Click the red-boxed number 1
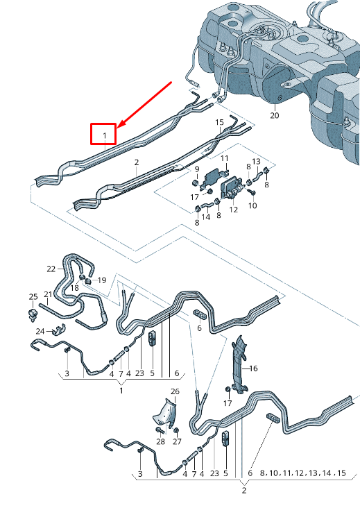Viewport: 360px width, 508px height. (x=104, y=133)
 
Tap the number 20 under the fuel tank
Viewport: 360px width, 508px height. (x=274, y=115)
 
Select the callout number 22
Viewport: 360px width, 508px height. (x=51, y=269)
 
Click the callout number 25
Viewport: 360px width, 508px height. (x=32, y=297)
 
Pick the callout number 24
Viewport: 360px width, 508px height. (x=40, y=330)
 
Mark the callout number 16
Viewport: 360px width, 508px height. (x=253, y=369)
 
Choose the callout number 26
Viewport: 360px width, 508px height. (x=175, y=392)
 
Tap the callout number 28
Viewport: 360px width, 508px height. (x=160, y=441)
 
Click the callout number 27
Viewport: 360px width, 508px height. (x=177, y=441)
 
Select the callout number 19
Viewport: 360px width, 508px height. (x=102, y=280)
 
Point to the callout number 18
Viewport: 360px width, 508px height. (x=74, y=287)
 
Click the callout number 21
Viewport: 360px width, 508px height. (x=48, y=294)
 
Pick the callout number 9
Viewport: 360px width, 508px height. (x=196, y=169)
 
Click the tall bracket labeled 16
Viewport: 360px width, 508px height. (x=239, y=361)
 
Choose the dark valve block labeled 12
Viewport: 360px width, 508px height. (x=230, y=188)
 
